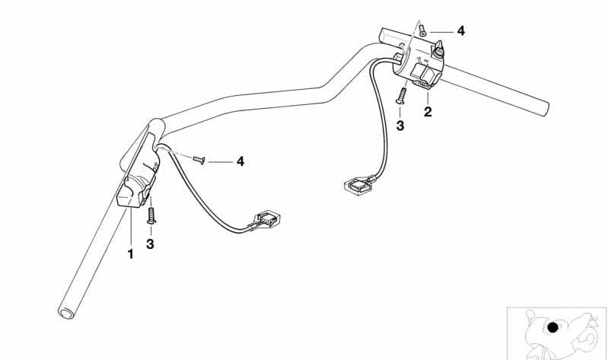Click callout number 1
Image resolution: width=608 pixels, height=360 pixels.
130,254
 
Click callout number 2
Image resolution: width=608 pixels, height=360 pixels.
428,112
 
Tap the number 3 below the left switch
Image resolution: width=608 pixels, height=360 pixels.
150,244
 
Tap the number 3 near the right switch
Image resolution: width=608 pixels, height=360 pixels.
399,126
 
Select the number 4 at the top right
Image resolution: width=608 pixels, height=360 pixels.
460,31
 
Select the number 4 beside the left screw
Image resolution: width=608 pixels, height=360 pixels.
240,161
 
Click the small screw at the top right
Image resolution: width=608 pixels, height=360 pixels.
422,30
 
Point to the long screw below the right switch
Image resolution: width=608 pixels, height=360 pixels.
401,95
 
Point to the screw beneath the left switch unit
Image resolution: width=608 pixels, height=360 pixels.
151,215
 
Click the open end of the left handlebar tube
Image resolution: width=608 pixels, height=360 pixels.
66,313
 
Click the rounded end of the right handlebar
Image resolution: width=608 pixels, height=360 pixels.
544,109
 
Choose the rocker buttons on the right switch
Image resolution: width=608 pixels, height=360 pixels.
425,72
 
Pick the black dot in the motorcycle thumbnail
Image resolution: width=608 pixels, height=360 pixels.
552,328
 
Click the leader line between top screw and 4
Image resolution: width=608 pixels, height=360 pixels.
441,32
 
